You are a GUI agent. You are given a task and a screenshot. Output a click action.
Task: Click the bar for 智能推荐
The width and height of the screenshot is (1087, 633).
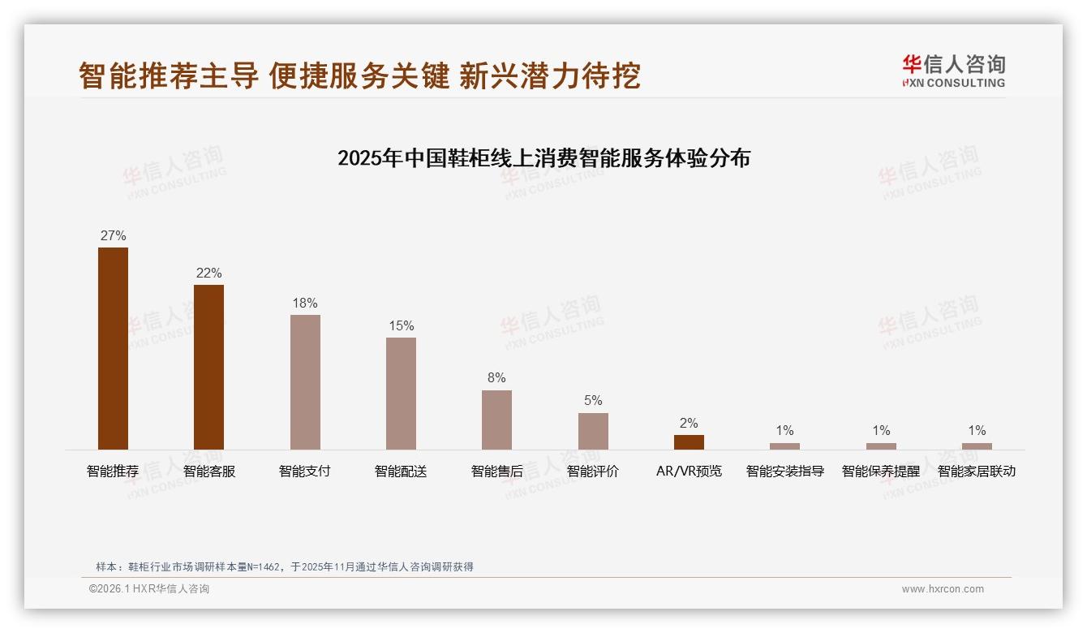[x=113, y=348]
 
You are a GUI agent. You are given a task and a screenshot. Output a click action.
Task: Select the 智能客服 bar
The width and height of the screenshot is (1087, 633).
[x=208, y=367]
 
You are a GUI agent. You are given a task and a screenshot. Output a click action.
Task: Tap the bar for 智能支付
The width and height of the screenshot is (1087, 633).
[x=305, y=381]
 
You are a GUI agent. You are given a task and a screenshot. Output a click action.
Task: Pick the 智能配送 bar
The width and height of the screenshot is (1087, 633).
[x=401, y=393]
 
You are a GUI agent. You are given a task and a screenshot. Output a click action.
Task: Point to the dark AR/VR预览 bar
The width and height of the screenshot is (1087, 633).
[x=689, y=441]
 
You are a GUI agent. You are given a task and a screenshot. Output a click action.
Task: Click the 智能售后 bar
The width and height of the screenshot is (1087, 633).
[x=496, y=420]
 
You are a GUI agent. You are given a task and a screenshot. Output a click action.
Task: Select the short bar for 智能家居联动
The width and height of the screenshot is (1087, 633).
[x=977, y=446]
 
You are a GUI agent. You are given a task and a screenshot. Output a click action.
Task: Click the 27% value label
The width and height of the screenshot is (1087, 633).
[x=113, y=236]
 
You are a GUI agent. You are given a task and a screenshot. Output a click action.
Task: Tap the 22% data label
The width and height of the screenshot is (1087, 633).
[x=208, y=273]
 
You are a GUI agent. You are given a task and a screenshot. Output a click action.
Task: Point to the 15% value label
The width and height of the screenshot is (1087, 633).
[x=401, y=326]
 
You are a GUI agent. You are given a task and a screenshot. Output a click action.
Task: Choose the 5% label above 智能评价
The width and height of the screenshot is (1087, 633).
[x=593, y=401]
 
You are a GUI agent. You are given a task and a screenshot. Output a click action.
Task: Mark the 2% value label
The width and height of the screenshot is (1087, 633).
[x=689, y=424]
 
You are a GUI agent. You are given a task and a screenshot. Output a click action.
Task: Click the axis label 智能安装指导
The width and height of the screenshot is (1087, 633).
[x=784, y=472]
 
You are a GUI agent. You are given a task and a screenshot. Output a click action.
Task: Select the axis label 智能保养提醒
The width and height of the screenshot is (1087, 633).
[x=881, y=472]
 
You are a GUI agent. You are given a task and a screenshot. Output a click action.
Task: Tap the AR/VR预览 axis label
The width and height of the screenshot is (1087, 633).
[x=689, y=472]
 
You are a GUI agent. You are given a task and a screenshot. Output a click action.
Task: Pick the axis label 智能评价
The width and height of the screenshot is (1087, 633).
[x=593, y=472]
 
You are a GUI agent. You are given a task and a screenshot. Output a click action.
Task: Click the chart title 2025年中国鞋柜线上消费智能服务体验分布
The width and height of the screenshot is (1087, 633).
[x=543, y=158]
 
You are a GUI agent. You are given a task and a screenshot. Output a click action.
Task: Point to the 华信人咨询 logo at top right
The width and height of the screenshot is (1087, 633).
[x=953, y=71]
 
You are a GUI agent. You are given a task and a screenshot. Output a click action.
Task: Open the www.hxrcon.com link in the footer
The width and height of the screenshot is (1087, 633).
[x=943, y=589]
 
